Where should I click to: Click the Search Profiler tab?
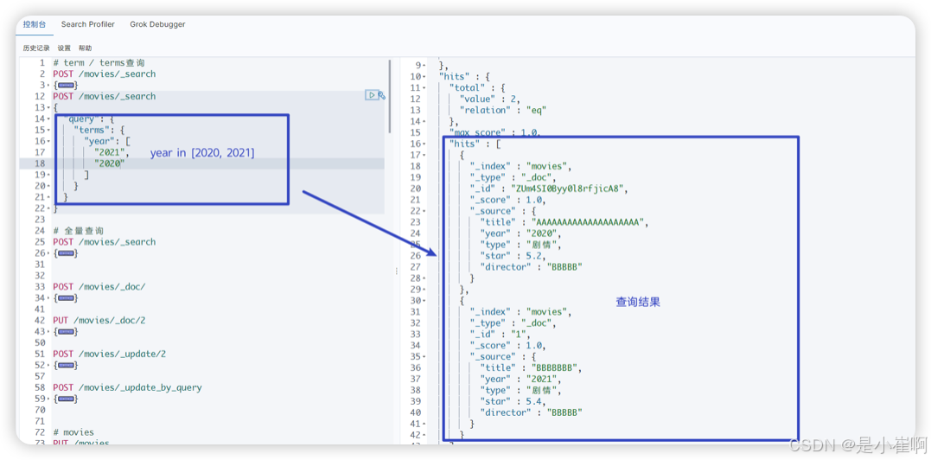(87, 24)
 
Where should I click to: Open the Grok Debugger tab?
(157, 24)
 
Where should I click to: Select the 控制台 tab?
(35, 24)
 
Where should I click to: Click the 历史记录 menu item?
(36, 48)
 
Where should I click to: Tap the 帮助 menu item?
(85, 48)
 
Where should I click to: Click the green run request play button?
(371, 95)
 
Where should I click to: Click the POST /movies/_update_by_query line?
(127, 387)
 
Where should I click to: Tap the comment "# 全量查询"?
(79, 231)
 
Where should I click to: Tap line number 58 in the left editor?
(40, 387)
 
